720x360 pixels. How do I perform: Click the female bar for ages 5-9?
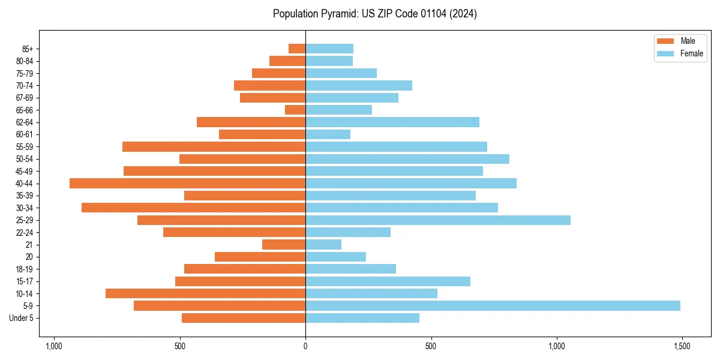tap(493, 305)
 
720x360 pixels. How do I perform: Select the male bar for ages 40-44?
tap(187, 183)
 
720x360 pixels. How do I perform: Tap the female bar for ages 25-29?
tap(438, 220)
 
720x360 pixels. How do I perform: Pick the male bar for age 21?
tap(284, 244)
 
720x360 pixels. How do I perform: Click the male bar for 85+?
tap(297, 49)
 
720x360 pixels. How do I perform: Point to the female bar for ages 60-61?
tap(328, 134)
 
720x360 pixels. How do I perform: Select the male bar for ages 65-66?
tap(295, 110)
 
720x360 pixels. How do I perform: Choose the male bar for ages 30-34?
tap(193, 208)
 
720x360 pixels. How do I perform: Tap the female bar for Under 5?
tap(362, 318)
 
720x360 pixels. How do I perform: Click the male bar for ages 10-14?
tap(205, 293)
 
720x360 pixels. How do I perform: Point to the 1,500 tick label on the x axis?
tap(682, 346)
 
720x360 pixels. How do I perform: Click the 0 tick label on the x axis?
tap(305, 346)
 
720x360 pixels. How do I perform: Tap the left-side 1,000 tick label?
tap(54, 346)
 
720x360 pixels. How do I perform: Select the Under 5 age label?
tap(22, 318)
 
